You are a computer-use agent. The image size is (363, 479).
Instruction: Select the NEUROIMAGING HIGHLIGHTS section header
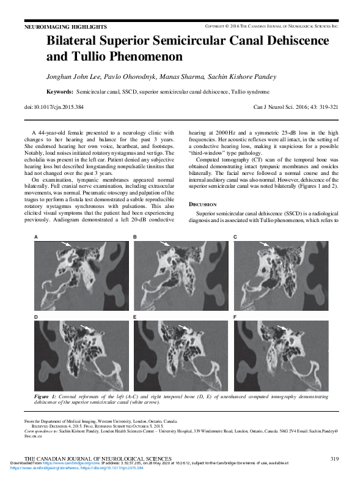click(x=65, y=28)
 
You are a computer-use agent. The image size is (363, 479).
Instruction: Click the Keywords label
click(x=60, y=91)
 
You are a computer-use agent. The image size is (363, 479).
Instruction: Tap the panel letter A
click(x=36, y=236)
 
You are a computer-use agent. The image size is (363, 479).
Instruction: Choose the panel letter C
click(x=235, y=236)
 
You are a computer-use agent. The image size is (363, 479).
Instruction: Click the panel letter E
click(x=135, y=318)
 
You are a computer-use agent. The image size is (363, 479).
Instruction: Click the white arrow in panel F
click(x=282, y=328)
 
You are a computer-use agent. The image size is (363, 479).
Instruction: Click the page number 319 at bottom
click(x=334, y=458)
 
